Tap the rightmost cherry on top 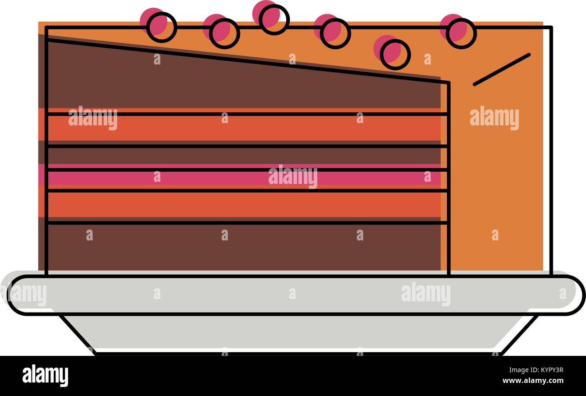tap(458, 32)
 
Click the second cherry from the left tap(222, 32)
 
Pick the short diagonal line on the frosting tap(502, 69)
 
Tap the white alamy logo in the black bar tap(45, 376)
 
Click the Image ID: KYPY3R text tap(536, 370)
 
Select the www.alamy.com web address tap(533, 380)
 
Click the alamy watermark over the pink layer tap(293, 177)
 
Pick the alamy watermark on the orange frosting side tap(494, 118)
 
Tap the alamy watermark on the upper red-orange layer tap(92, 118)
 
